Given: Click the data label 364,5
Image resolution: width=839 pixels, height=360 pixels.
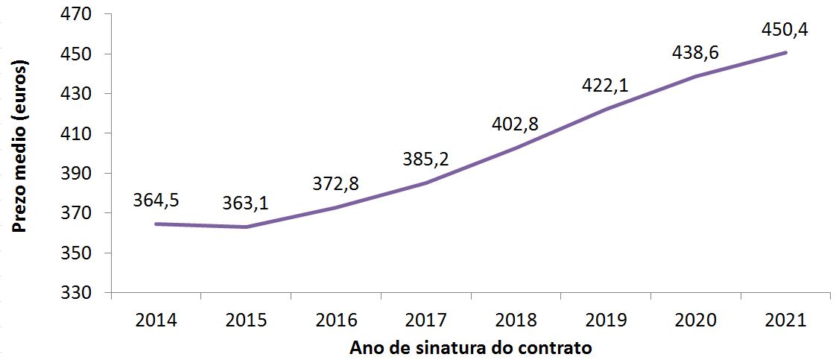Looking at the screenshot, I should point(156,200).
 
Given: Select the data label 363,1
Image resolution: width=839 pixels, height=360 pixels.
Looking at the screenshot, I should point(246,203).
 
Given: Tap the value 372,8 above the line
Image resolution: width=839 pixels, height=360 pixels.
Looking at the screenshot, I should point(335,183).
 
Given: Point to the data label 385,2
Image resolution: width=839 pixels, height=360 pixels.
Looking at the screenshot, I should point(425,159).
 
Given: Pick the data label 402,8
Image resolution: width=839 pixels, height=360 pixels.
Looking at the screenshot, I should point(515,124).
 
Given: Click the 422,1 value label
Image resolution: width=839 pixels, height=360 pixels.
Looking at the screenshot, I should point(604,85).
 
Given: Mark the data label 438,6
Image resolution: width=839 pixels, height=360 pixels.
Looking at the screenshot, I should point(694,54).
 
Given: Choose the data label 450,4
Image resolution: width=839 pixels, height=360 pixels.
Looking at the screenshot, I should point(785,31).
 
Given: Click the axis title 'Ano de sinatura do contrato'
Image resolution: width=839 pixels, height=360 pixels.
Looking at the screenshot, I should point(471,347).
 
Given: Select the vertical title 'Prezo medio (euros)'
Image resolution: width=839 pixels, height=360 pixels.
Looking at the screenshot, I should point(20,149).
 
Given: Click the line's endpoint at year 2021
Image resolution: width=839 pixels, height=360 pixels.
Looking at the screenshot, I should point(785,52).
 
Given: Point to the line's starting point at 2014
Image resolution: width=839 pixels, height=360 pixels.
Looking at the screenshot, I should point(156,224).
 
